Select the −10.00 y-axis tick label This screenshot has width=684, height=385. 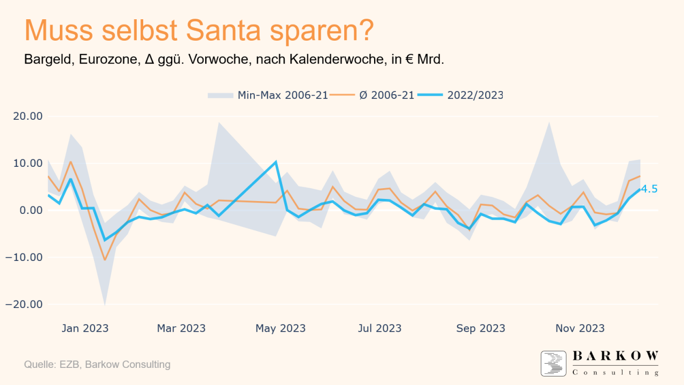(x=24, y=257)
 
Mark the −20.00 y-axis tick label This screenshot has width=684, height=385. (x=24, y=304)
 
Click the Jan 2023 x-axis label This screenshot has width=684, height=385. (x=85, y=328)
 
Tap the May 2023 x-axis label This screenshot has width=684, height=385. (x=281, y=328)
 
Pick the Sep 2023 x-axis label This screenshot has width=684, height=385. (x=480, y=328)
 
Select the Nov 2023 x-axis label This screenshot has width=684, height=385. (x=580, y=328)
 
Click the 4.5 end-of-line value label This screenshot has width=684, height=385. (x=649, y=189)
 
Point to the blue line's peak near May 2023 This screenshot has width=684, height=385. (x=275, y=161)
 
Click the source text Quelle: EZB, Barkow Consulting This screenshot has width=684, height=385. (x=97, y=365)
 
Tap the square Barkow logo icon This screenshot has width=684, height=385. (x=553, y=364)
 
